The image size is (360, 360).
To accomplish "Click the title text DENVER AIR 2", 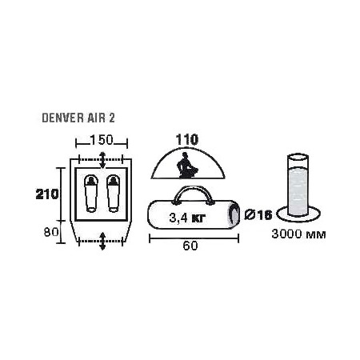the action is click(x=78, y=118).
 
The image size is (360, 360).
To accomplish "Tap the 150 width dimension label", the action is click(x=102, y=140).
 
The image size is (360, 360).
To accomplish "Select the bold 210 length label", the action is click(x=47, y=194).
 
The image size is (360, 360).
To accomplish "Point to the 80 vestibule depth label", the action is click(x=51, y=232).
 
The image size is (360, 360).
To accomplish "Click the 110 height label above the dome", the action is click(x=187, y=139).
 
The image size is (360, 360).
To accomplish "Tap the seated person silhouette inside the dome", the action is click(x=186, y=166).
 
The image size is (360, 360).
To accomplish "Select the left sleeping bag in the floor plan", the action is click(x=91, y=194).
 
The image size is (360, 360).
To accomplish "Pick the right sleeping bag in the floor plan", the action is click(x=113, y=194).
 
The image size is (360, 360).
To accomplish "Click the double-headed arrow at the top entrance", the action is click(x=102, y=160).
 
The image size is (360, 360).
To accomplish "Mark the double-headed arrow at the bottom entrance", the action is click(x=102, y=241).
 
